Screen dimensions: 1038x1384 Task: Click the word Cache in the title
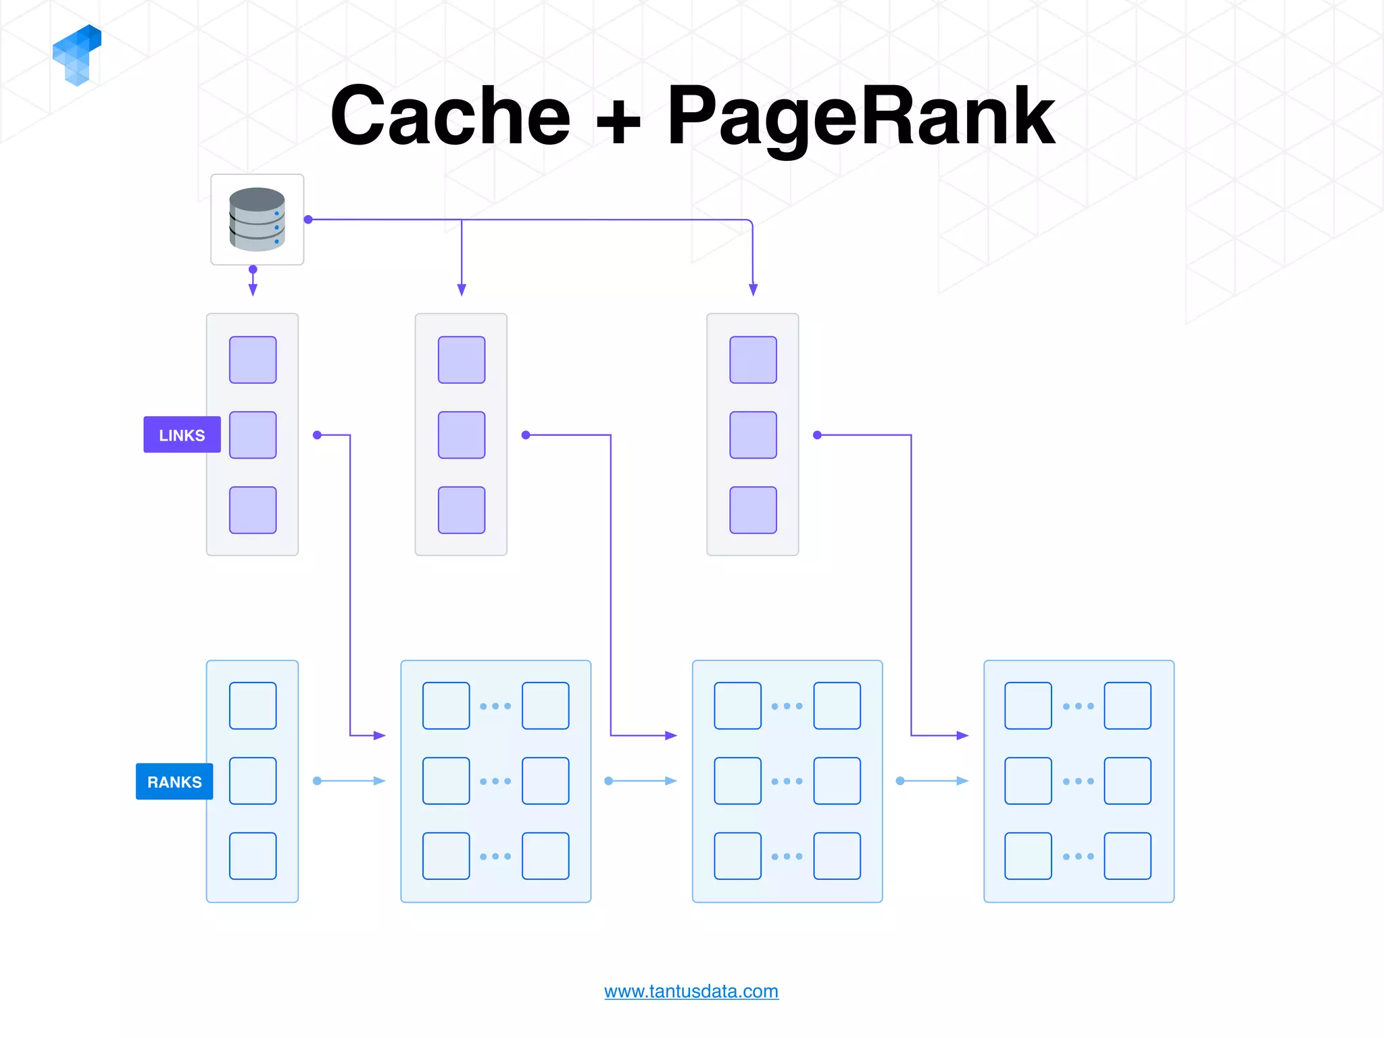point(451,116)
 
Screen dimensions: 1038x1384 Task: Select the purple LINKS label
point(182,435)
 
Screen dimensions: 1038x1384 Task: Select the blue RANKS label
point(174,781)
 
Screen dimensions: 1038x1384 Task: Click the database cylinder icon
point(257,219)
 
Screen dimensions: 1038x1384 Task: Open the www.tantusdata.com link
point(691,991)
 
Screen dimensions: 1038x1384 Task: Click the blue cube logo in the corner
point(77,55)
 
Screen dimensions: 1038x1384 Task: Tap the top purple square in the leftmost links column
point(253,360)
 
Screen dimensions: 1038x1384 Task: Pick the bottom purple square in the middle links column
point(462,510)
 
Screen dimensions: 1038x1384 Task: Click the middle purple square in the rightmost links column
point(753,435)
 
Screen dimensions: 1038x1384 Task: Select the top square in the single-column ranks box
point(253,706)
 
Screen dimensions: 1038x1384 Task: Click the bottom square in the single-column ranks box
point(253,856)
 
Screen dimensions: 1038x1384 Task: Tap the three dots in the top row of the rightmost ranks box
point(1078,706)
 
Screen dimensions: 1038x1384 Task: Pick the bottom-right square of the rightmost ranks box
point(1127,856)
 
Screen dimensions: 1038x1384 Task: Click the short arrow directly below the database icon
point(253,282)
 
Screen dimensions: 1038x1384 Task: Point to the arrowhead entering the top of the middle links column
point(462,290)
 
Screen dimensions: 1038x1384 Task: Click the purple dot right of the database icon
point(308,220)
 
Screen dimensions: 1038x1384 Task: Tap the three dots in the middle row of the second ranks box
point(495,781)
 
